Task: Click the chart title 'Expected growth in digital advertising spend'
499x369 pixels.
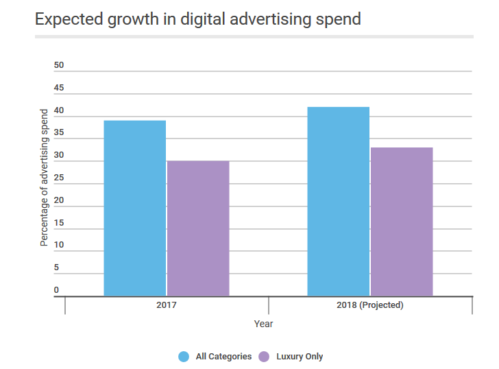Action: click(198, 19)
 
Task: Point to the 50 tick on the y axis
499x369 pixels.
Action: click(59, 66)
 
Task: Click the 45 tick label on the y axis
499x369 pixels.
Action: click(59, 88)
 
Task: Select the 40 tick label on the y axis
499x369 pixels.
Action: click(59, 111)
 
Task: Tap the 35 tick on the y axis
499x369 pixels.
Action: click(59, 133)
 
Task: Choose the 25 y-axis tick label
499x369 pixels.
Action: click(59, 178)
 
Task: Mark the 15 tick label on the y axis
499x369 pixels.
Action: click(59, 223)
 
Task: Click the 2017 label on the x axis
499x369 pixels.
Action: click(167, 305)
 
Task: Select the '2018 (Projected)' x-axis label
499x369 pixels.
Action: click(370, 305)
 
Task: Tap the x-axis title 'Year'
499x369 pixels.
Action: click(263, 324)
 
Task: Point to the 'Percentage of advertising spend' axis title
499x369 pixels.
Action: click(45, 177)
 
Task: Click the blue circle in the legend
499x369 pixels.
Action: click(184, 357)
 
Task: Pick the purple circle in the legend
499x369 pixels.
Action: click(264, 357)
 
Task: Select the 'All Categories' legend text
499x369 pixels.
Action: click(223, 357)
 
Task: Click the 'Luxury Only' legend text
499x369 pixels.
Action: click(300, 357)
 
